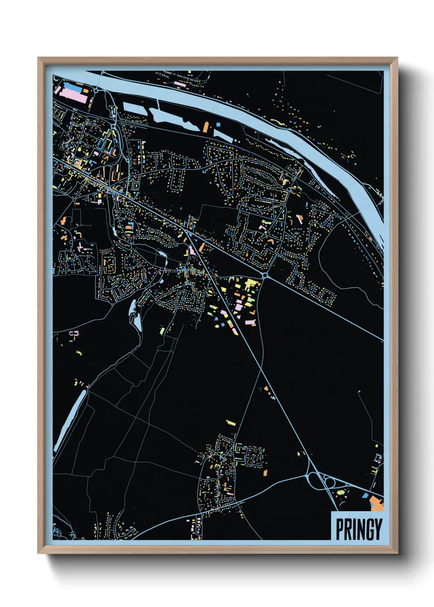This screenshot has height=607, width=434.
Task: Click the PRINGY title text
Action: click(x=359, y=529)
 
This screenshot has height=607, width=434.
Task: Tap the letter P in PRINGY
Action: click(x=340, y=529)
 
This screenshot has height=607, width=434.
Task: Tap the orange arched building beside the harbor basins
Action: click(x=206, y=127)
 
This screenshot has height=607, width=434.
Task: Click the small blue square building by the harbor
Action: click(x=218, y=124)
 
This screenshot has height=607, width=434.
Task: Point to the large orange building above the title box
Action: click(x=377, y=504)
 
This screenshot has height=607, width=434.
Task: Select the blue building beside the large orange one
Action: click(x=364, y=495)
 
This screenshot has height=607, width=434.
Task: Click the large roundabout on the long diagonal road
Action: click(x=265, y=276)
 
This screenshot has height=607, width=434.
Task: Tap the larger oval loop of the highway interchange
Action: click(x=316, y=480)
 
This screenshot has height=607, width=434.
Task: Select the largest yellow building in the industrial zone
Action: click(x=250, y=283)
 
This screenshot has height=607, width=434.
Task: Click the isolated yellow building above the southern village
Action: click(x=231, y=422)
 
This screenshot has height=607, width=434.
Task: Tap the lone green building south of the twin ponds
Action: click(x=162, y=330)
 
